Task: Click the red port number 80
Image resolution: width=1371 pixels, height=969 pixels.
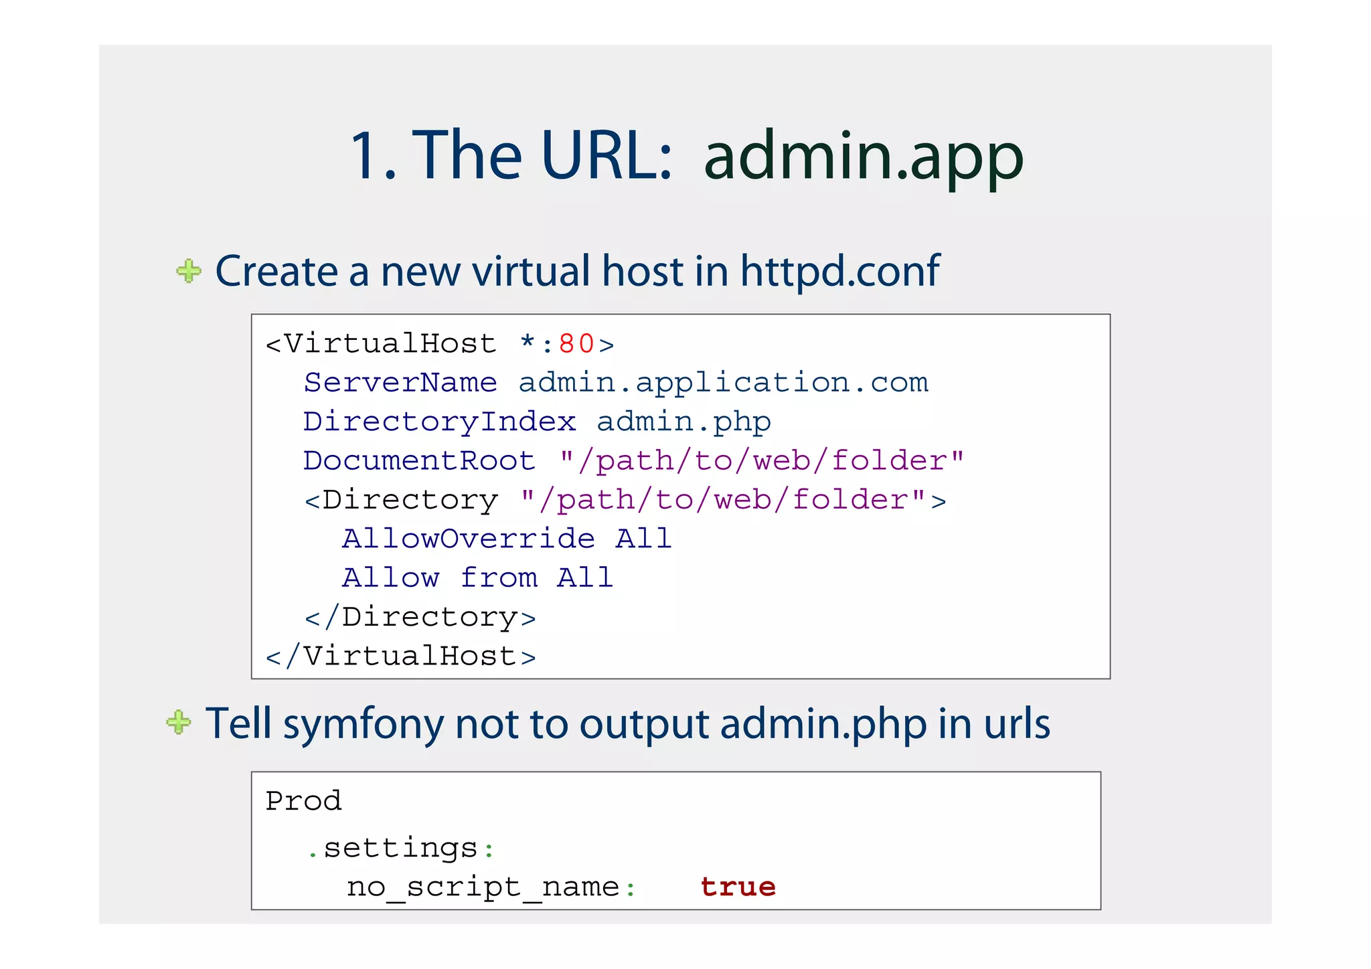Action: coord(576,344)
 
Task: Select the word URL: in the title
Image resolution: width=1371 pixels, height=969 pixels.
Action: coord(607,156)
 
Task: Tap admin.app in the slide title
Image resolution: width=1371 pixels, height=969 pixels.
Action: coord(864,157)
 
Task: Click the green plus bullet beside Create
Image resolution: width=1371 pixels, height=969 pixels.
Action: coord(189,271)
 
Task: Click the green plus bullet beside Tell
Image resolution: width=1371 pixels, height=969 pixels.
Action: coord(179,722)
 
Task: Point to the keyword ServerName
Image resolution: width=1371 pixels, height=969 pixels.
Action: coord(400,383)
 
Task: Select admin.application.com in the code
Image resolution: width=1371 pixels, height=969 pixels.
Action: coord(723,383)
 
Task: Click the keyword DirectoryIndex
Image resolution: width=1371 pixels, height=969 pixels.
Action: coord(439,422)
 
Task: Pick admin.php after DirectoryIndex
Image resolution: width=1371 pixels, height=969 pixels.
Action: coord(683,422)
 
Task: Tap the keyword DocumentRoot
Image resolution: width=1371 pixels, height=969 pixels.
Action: coord(419,460)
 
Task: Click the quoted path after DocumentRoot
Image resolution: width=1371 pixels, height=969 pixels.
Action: coord(762,460)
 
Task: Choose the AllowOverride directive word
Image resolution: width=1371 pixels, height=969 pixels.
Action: coord(469,539)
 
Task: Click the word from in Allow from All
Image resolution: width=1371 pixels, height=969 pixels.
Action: coord(499,578)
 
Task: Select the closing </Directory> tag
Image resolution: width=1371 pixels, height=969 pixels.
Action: coord(420,617)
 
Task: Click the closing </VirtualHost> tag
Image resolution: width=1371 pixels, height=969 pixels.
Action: coord(401,656)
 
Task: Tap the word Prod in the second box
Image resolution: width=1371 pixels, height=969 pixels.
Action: coord(303,801)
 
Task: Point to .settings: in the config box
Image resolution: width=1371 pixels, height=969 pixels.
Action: coord(400,849)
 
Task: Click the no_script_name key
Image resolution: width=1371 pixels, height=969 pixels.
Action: coord(483,887)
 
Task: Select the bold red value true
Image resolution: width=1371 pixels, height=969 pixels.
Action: coord(738,887)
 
